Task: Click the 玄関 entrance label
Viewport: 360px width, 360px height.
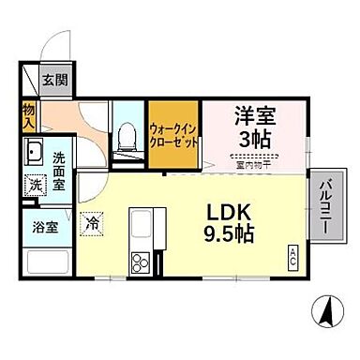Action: point(53,80)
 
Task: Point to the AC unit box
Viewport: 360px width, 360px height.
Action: point(292,254)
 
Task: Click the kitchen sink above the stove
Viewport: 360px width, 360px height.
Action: point(143,227)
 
